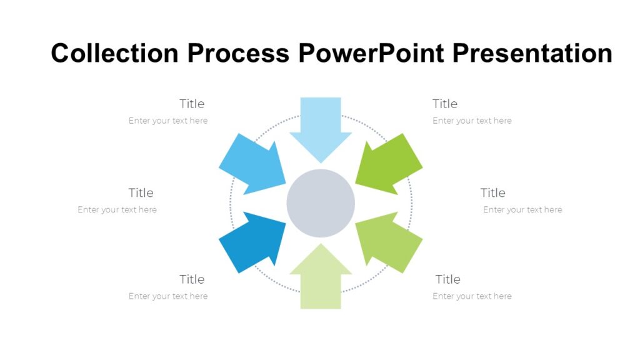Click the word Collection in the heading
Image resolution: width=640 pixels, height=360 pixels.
pyautogui.click(x=116, y=53)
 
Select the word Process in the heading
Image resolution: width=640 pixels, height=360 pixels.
pyautogui.click(x=238, y=53)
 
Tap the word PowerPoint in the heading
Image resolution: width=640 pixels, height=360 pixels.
pyautogui.click(x=372, y=53)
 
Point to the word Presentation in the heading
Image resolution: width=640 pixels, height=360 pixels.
pyautogui.click(x=532, y=53)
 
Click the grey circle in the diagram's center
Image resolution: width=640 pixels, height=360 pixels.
pyautogui.click(x=321, y=203)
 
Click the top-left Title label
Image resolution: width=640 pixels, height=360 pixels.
pyautogui.click(x=192, y=104)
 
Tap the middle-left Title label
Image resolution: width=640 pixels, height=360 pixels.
pyautogui.click(x=141, y=192)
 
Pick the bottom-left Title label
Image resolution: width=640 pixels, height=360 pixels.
pyautogui.click(x=192, y=279)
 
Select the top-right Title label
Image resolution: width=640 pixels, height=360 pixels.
pyautogui.click(x=445, y=104)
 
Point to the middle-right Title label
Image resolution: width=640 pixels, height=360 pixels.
pyautogui.click(x=493, y=192)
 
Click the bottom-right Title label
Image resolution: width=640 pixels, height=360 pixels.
pyautogui.click(x=448, y=279)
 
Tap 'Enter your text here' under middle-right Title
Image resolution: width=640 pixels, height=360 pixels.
pyautogui.click(x=522, y=210)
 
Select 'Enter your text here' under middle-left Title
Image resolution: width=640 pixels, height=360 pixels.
pyautogui.click(x=117, y=210)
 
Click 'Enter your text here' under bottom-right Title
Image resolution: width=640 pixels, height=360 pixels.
pyautogui.click(x=472, y=296)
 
